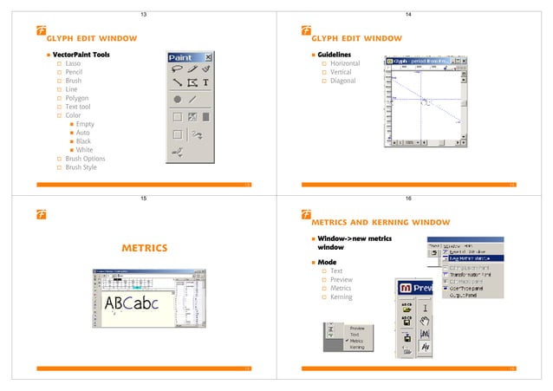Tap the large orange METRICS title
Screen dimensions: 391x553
click(x=143, y=249)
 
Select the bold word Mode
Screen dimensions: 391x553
click(x=329, y=261)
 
